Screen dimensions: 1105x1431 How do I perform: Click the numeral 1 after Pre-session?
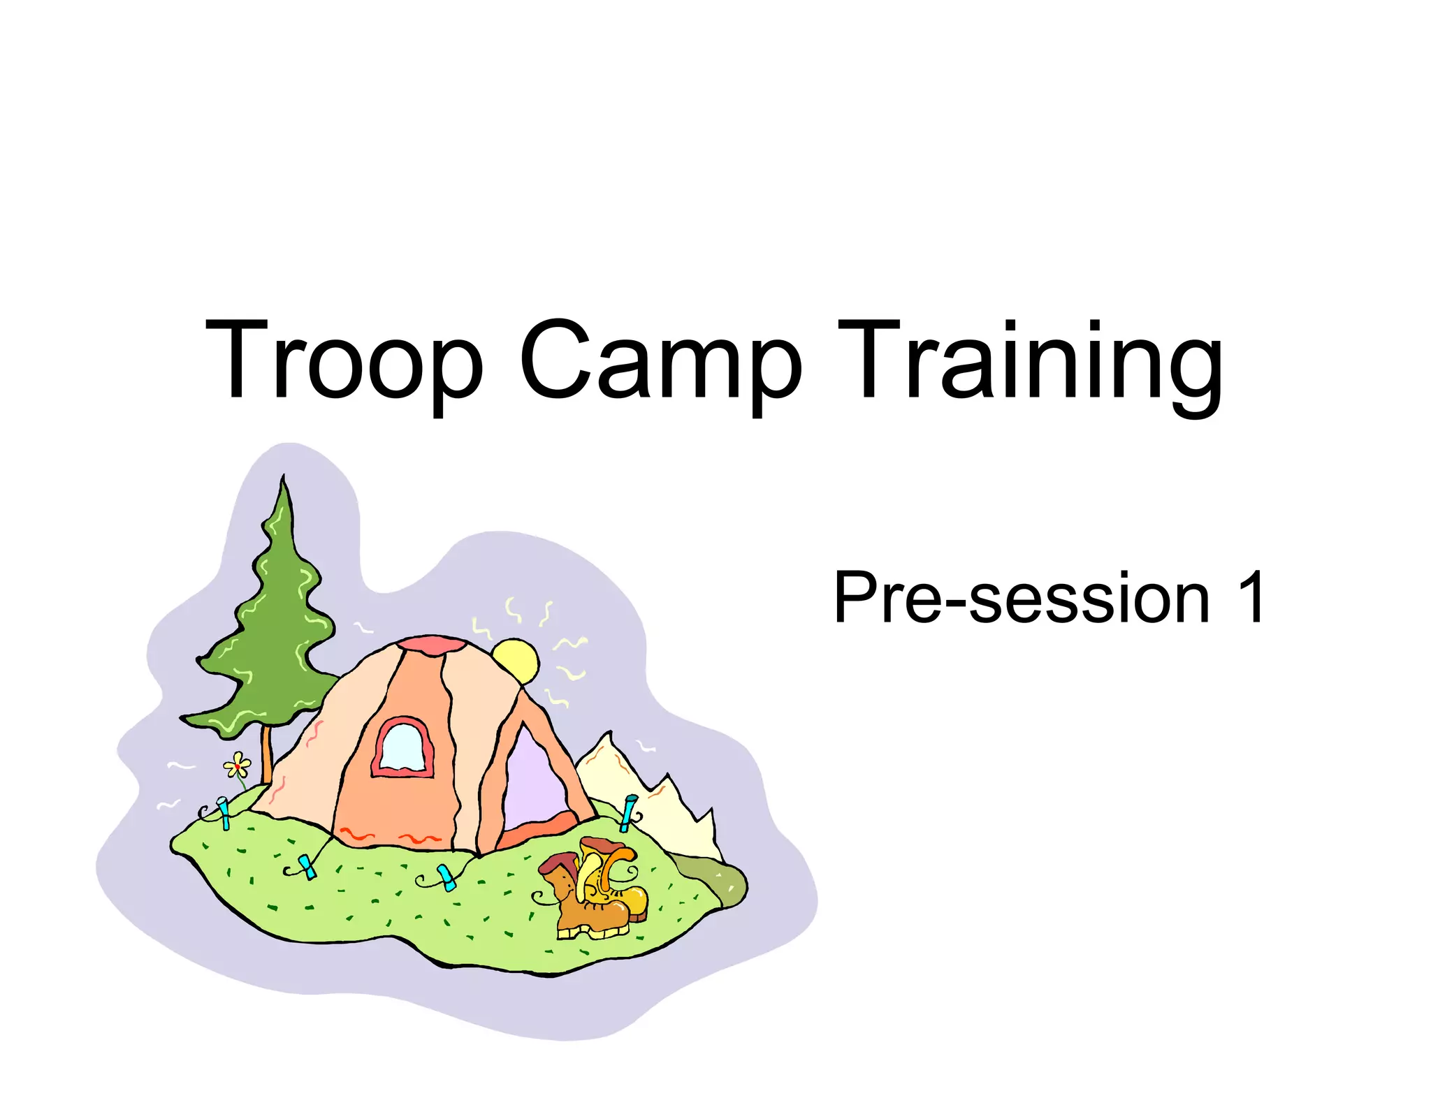click(x=1251, y=597)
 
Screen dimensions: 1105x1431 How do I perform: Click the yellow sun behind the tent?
click(x=515, y=660)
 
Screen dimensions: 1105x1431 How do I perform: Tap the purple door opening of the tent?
click(x=535, y=779)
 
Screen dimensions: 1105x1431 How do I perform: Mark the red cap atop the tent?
click(x=431, y=645)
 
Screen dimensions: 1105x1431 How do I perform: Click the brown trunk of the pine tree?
click(x=266, y=754)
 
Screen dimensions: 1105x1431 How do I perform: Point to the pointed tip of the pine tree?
click(x=283, y=478)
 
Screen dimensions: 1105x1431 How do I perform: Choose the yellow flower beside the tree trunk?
click(x=238, y=766)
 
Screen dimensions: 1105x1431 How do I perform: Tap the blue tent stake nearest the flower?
click(x=224, y=812)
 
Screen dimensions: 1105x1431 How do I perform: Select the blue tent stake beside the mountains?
click(x=629, y=812)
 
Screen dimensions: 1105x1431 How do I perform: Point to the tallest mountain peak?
click(x=606, y=737)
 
